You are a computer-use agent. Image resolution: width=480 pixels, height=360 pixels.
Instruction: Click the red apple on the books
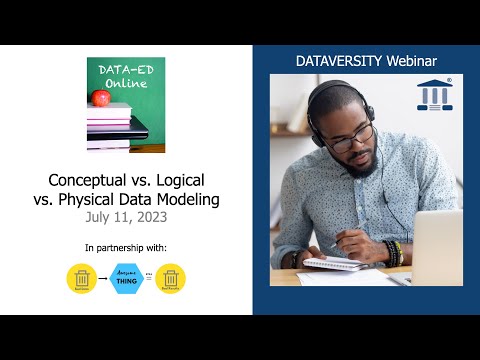coord(100,97)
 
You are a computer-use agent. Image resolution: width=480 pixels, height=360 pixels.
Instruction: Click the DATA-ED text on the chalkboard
coord(125,70)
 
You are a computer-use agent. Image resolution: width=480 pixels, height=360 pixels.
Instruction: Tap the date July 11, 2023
coord(126,216)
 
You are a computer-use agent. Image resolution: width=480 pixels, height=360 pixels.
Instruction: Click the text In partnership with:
coord(126,246)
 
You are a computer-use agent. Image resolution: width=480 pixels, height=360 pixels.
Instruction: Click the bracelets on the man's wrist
coord(393,251)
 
